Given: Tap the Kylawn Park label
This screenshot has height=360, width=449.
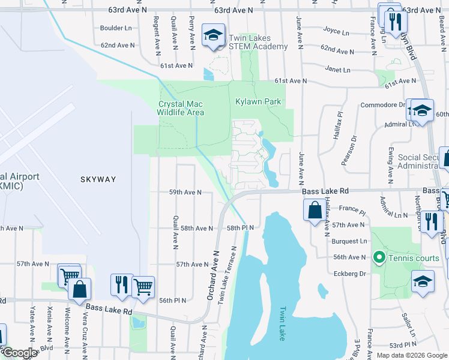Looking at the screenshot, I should pos(258,102).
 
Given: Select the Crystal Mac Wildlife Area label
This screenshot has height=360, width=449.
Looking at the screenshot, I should pos(181,108).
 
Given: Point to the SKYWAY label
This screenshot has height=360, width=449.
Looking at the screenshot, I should pos(98,179).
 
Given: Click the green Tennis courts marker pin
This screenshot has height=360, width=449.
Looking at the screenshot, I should pos(379,258).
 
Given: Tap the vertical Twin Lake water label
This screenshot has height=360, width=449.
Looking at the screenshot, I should pos(282,324).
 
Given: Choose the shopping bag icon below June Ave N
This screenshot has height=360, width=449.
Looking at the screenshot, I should pos(314,211).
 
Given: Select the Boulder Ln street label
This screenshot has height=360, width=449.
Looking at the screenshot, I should pos(116,28).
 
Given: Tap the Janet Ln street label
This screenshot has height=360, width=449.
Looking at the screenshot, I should pos(338,70).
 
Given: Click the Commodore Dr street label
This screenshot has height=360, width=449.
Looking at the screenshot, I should pos(382,104).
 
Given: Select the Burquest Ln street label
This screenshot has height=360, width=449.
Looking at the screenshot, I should pos(349,241).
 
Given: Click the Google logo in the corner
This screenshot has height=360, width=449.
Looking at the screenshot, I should pos(20,353).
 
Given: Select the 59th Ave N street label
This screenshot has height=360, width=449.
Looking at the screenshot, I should pos(184,193).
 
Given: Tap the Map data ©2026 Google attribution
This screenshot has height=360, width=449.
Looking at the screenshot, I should pos(412,355).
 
